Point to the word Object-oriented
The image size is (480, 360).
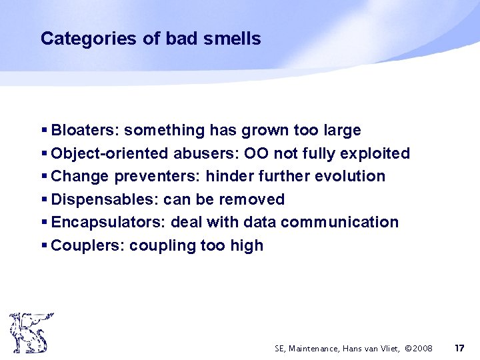(110, 153)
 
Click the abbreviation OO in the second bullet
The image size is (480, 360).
(257, 153)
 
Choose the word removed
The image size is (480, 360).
(253, 199)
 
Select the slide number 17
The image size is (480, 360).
(459, 348)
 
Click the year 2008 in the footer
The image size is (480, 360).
(421, 349)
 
